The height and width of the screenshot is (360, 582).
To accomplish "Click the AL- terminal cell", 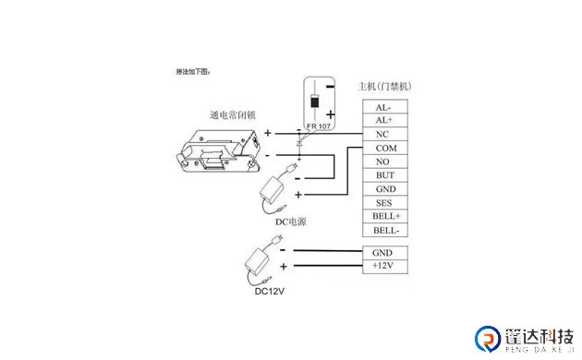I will [383, 107].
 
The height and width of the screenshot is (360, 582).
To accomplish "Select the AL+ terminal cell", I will [383, 121].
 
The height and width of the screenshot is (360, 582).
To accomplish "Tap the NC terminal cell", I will [383, 134].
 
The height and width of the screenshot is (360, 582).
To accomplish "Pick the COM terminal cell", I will [383, 148].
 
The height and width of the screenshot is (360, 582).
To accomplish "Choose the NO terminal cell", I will [383, 162].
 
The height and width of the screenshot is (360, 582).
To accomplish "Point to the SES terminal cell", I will [383, 202].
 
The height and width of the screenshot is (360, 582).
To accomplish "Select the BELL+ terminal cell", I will [383, 216].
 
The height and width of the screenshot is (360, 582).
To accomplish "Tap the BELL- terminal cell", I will [383, 230].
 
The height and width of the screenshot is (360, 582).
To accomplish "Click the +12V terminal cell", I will [383, 266].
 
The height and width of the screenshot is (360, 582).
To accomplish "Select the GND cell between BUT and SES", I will [383, 189].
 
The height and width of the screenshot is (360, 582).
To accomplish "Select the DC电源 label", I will [290, 222].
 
